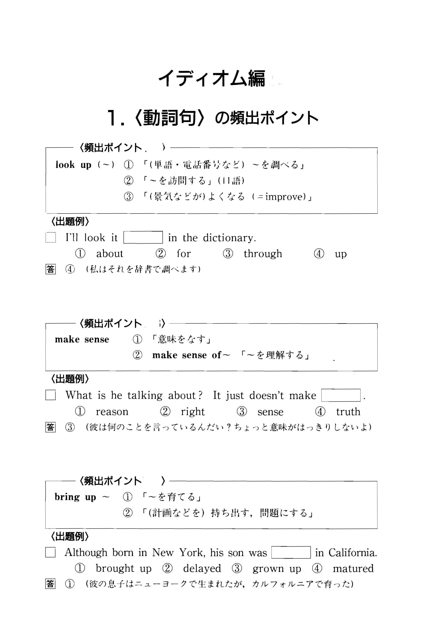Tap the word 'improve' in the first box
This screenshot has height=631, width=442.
tap(285, 197)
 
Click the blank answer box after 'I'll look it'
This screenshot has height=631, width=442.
tap(143, 237)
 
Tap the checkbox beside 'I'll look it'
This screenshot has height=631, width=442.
tap(50, 237)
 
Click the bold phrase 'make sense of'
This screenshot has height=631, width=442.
tap(187, 355)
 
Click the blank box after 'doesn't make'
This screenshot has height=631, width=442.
tap(341, 395)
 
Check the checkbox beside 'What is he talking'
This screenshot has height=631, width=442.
tap(50, 395)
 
